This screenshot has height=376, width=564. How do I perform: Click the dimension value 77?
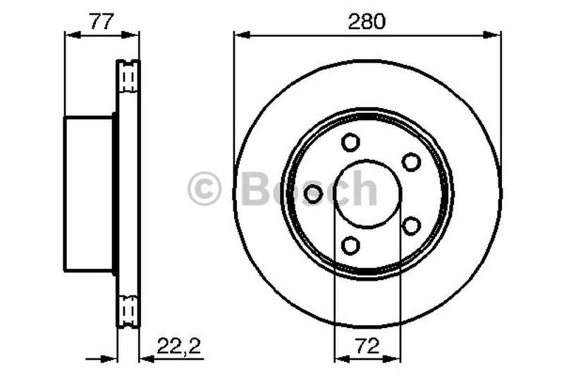click(x=102, y=21)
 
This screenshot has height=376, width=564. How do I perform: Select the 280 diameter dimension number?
click(x=367, y=21)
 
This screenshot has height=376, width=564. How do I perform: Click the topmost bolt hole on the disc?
click(x=350, y=142)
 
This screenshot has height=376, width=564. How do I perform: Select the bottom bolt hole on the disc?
click(x=350, y=245)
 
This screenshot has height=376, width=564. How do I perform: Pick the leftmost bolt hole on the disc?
click(x=314, y=193)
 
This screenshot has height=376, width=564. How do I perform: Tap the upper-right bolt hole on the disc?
click(x=411, y=162)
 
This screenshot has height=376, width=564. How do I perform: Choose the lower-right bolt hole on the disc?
click(x=411, y=226)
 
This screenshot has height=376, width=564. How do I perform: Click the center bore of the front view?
click(x=367, y=194)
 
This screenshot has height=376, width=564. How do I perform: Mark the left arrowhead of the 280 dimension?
click(x=240, y=33)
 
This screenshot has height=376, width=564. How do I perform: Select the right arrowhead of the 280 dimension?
click(x=496, y=33)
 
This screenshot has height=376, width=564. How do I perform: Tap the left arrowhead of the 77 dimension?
click(x=70, y=33)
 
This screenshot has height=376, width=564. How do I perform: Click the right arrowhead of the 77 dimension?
click(x=134, y=33)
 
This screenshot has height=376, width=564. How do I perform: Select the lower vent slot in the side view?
click(x=128, y=310)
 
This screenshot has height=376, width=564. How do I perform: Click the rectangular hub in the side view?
click(x=89, y=194)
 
